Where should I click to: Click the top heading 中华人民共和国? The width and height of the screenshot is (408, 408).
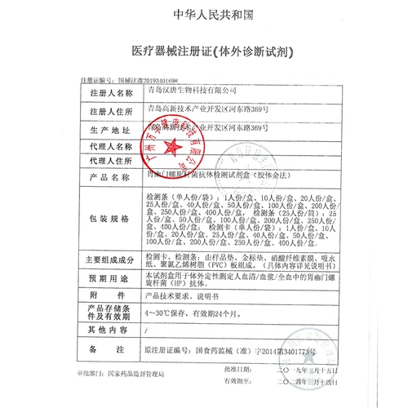[x=203, y=16]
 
